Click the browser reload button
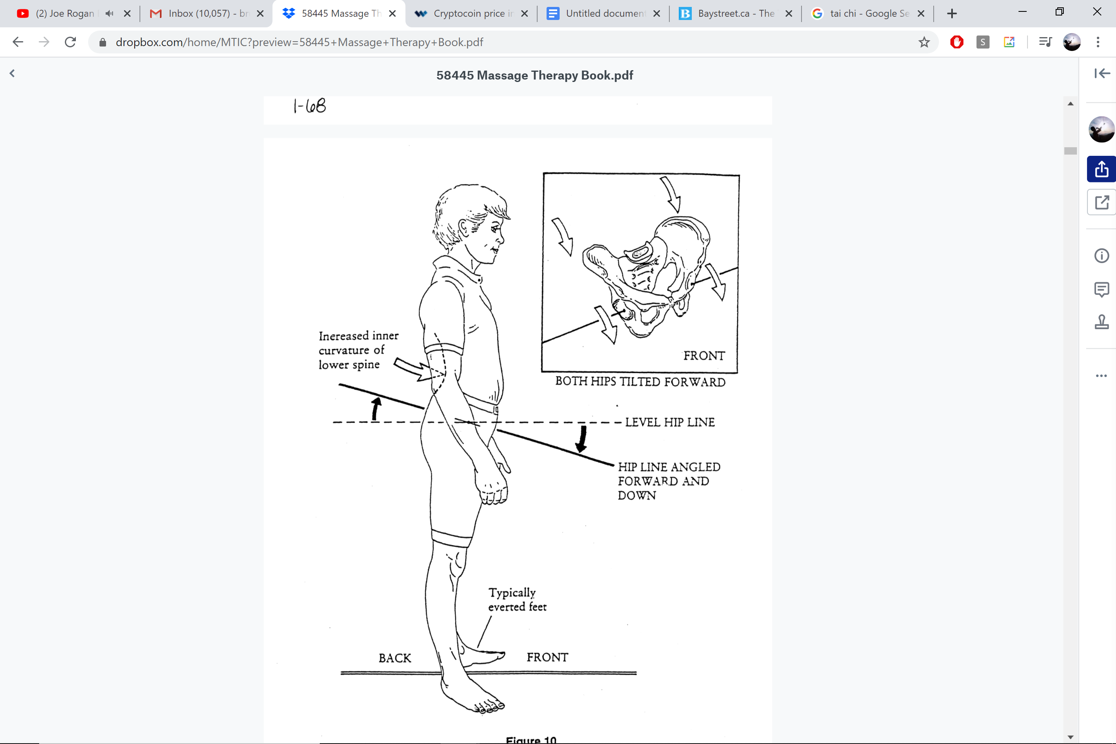[70, 42]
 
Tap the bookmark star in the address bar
[924, 42]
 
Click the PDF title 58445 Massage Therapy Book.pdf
[534, 75]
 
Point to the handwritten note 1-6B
[309, 106]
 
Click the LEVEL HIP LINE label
[669, 422]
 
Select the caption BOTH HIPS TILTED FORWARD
[640, 382]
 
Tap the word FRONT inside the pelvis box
[704, 356]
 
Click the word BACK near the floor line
[395, 658]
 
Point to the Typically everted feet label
[517, 600]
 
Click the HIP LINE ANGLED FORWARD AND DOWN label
[669, 480]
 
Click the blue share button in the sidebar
[1101, 169]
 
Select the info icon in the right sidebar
[1101, 256]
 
